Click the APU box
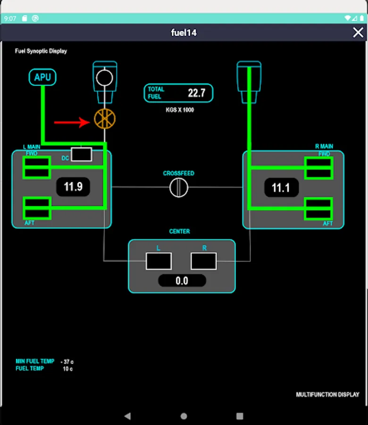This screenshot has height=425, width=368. (x=42, y=77)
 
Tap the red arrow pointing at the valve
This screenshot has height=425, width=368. (x=72, y=122)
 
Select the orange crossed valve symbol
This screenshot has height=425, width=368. (x=105, y=119)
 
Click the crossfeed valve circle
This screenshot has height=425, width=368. (x=179, y=187)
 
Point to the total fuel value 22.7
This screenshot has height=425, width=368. (x=197, y=93)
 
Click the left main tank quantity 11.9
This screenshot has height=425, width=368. (x=73, y=187)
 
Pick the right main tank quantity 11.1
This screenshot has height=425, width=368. (x=281, y=188)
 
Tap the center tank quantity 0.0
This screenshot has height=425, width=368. (x=182, y=281)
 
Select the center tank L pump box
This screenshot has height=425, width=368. (x=159, y=261)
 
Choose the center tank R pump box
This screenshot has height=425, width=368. (x=204, y=261)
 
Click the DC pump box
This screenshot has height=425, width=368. (x=81, y=154)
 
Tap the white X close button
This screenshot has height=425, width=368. (x=358, y=32)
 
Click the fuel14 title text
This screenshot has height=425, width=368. (x=184, y=33)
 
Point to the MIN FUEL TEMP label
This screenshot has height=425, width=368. (x=35, y=361)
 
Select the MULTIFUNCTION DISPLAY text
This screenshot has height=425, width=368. (x=327, y=394)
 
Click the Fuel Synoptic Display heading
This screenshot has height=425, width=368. (x=41, y=51)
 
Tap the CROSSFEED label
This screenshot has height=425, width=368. (x=179, y=173)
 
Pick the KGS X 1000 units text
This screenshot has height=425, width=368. (x=180, y=110)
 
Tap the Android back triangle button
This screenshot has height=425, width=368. (x=127, y=416)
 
